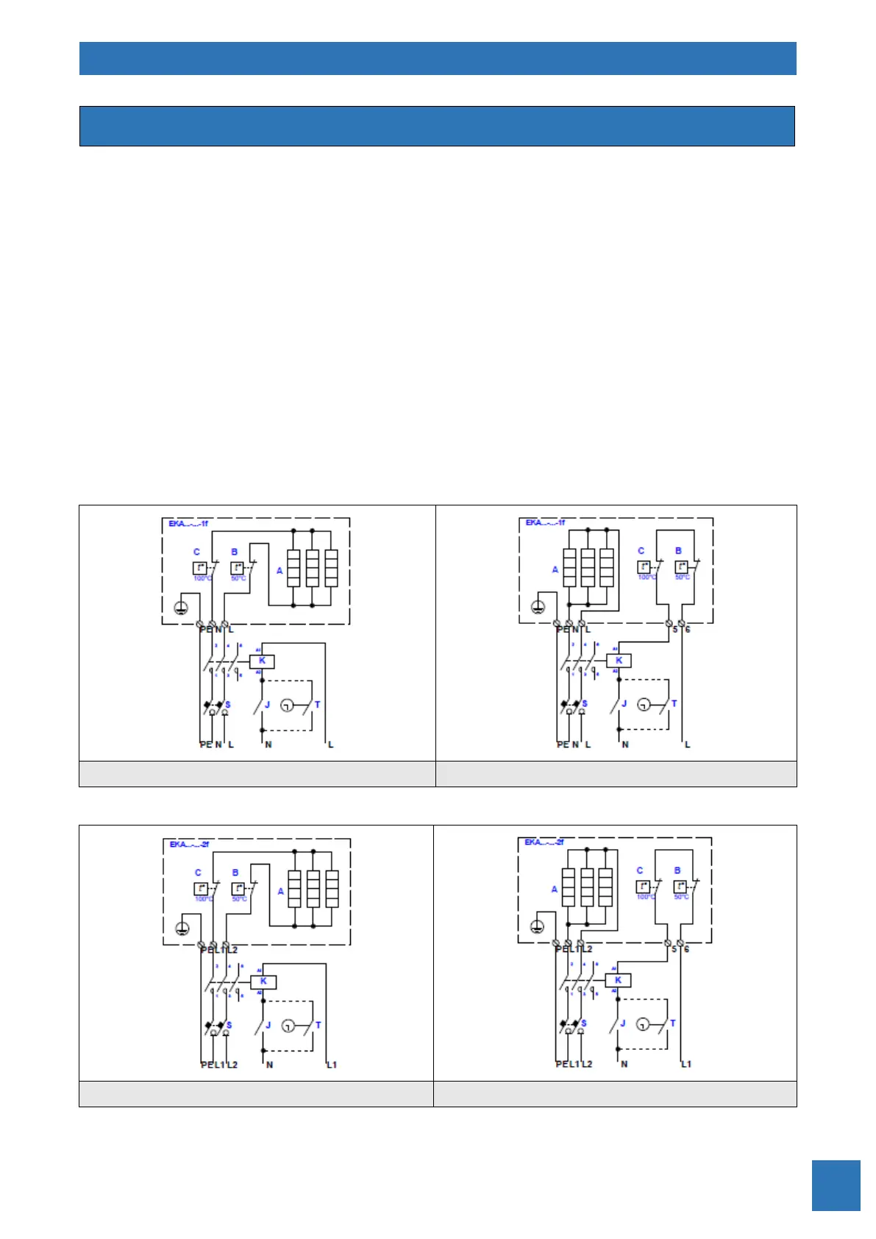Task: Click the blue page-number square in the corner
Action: point(836,1185)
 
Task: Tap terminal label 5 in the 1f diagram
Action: point(674,630)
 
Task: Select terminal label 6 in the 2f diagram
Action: point(687,949)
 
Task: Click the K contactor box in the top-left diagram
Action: point(262,661)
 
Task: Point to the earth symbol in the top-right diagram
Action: point(538,607)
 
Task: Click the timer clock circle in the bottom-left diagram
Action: point(288,1026)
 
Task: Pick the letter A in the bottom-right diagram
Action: point(555,889)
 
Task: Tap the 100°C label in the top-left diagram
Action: point(202,578)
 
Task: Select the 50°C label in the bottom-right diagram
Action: point(682,897)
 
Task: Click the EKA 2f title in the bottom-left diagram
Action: point(189,844)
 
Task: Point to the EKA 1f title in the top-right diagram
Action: point(545,522)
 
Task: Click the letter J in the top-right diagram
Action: point(624,704)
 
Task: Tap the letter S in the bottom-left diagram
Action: point(229,1025)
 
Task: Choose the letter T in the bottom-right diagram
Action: point(673,1023)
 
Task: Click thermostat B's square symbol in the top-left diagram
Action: point(237,568)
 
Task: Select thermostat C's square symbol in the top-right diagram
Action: point(644,567)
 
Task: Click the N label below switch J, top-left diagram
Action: point(268,745)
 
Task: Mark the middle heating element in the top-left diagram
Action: point(312,568)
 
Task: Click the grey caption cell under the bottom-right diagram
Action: point(615,1094)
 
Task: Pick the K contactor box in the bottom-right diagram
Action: point(618,980)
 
